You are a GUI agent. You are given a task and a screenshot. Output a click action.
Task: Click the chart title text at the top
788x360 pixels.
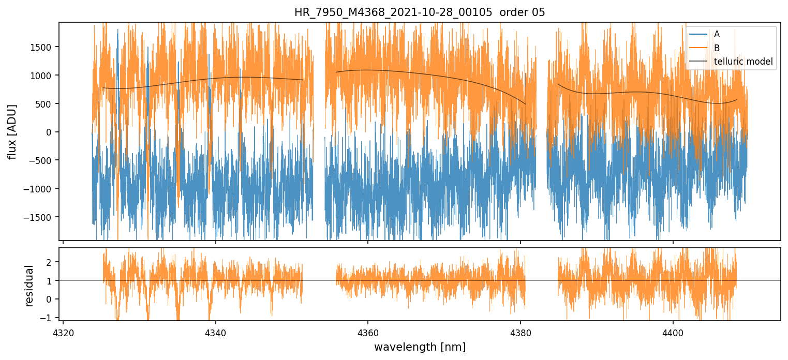pyautogui.click(x=420, y=12)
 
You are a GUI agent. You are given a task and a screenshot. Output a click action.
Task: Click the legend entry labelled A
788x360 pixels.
pyautogui.click(x=717, y=34)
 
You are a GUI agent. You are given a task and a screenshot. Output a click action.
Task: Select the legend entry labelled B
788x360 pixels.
pyautogui.click(x=717, y=48)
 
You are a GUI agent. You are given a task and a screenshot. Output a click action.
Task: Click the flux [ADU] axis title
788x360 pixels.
pyautogui.click(x=12, y=131)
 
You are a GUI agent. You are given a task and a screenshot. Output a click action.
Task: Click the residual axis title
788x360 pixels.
pyautogui.click(x=29, y=286)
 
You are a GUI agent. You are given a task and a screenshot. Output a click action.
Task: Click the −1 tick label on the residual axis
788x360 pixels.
pyautogui.click(x=48, y=318)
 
